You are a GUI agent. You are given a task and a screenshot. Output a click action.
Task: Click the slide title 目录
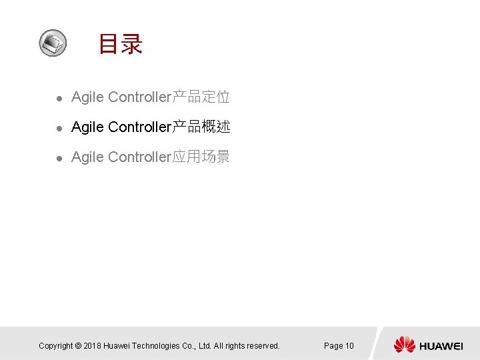[x=121, y=44]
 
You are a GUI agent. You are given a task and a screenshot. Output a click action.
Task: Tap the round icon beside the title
[x=52, y=43]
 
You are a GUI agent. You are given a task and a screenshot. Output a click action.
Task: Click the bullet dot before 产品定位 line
[x=59, y=98]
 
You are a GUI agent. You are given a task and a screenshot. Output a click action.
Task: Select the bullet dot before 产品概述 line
[x=59, y=127]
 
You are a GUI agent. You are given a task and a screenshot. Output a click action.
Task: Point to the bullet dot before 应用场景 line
[x=59, y=158]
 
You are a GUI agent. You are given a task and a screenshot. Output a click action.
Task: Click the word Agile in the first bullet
[x=87, y=97]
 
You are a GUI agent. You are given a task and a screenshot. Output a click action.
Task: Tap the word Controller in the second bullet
[x=140, y=127]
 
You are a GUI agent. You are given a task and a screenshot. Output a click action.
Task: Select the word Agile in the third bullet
[x=87, y=157]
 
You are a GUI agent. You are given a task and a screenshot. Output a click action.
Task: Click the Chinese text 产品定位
[x=201, y=97]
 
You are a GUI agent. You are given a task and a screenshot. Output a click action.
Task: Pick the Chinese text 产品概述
[x=201, y=127]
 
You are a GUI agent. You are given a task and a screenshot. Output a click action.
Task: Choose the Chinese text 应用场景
[x=201, y=157]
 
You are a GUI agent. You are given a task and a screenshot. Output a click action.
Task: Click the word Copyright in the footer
[x=55, y=346]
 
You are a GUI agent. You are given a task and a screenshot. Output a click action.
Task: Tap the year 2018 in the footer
[x=94, y=346]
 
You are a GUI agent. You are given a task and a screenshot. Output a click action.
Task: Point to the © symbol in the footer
[x=78, y=346]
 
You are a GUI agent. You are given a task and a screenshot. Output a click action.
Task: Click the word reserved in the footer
[x=262, y=346]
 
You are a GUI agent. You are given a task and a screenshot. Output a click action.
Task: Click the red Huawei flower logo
[x=404, y=345]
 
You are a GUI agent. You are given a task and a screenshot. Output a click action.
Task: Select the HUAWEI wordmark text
[x=441, y=346]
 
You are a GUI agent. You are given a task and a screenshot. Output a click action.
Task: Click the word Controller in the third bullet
[x=140, y=157]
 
